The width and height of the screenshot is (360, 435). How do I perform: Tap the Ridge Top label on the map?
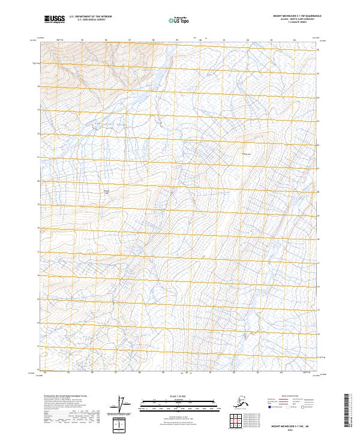(244, 152)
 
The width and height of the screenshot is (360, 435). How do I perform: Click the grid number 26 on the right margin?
(318, 50)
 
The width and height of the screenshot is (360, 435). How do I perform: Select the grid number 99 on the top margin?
(177, 40)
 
